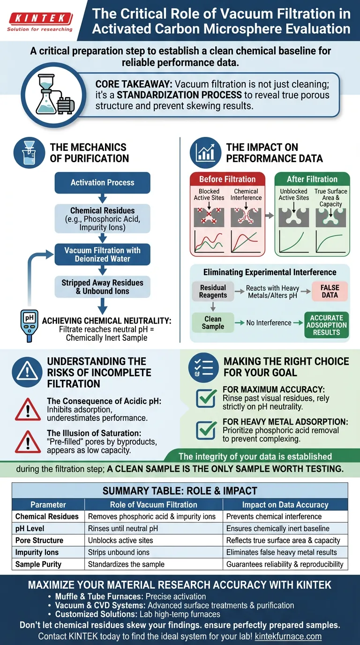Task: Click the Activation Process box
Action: point(102,183)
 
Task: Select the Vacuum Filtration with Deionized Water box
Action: point(102,255)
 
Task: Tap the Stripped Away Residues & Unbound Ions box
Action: point(102,287)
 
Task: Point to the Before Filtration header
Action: point(227,179)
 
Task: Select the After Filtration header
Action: point(312,179)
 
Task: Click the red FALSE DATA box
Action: point(330,291)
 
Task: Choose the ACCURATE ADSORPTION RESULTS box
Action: point(326,325)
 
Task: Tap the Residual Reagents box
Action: point(213,291)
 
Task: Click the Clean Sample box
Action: point(213,322)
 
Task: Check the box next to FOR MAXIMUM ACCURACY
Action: point(206,398)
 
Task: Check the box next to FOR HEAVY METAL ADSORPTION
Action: point(206,429)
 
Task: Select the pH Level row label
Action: point(30,528)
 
